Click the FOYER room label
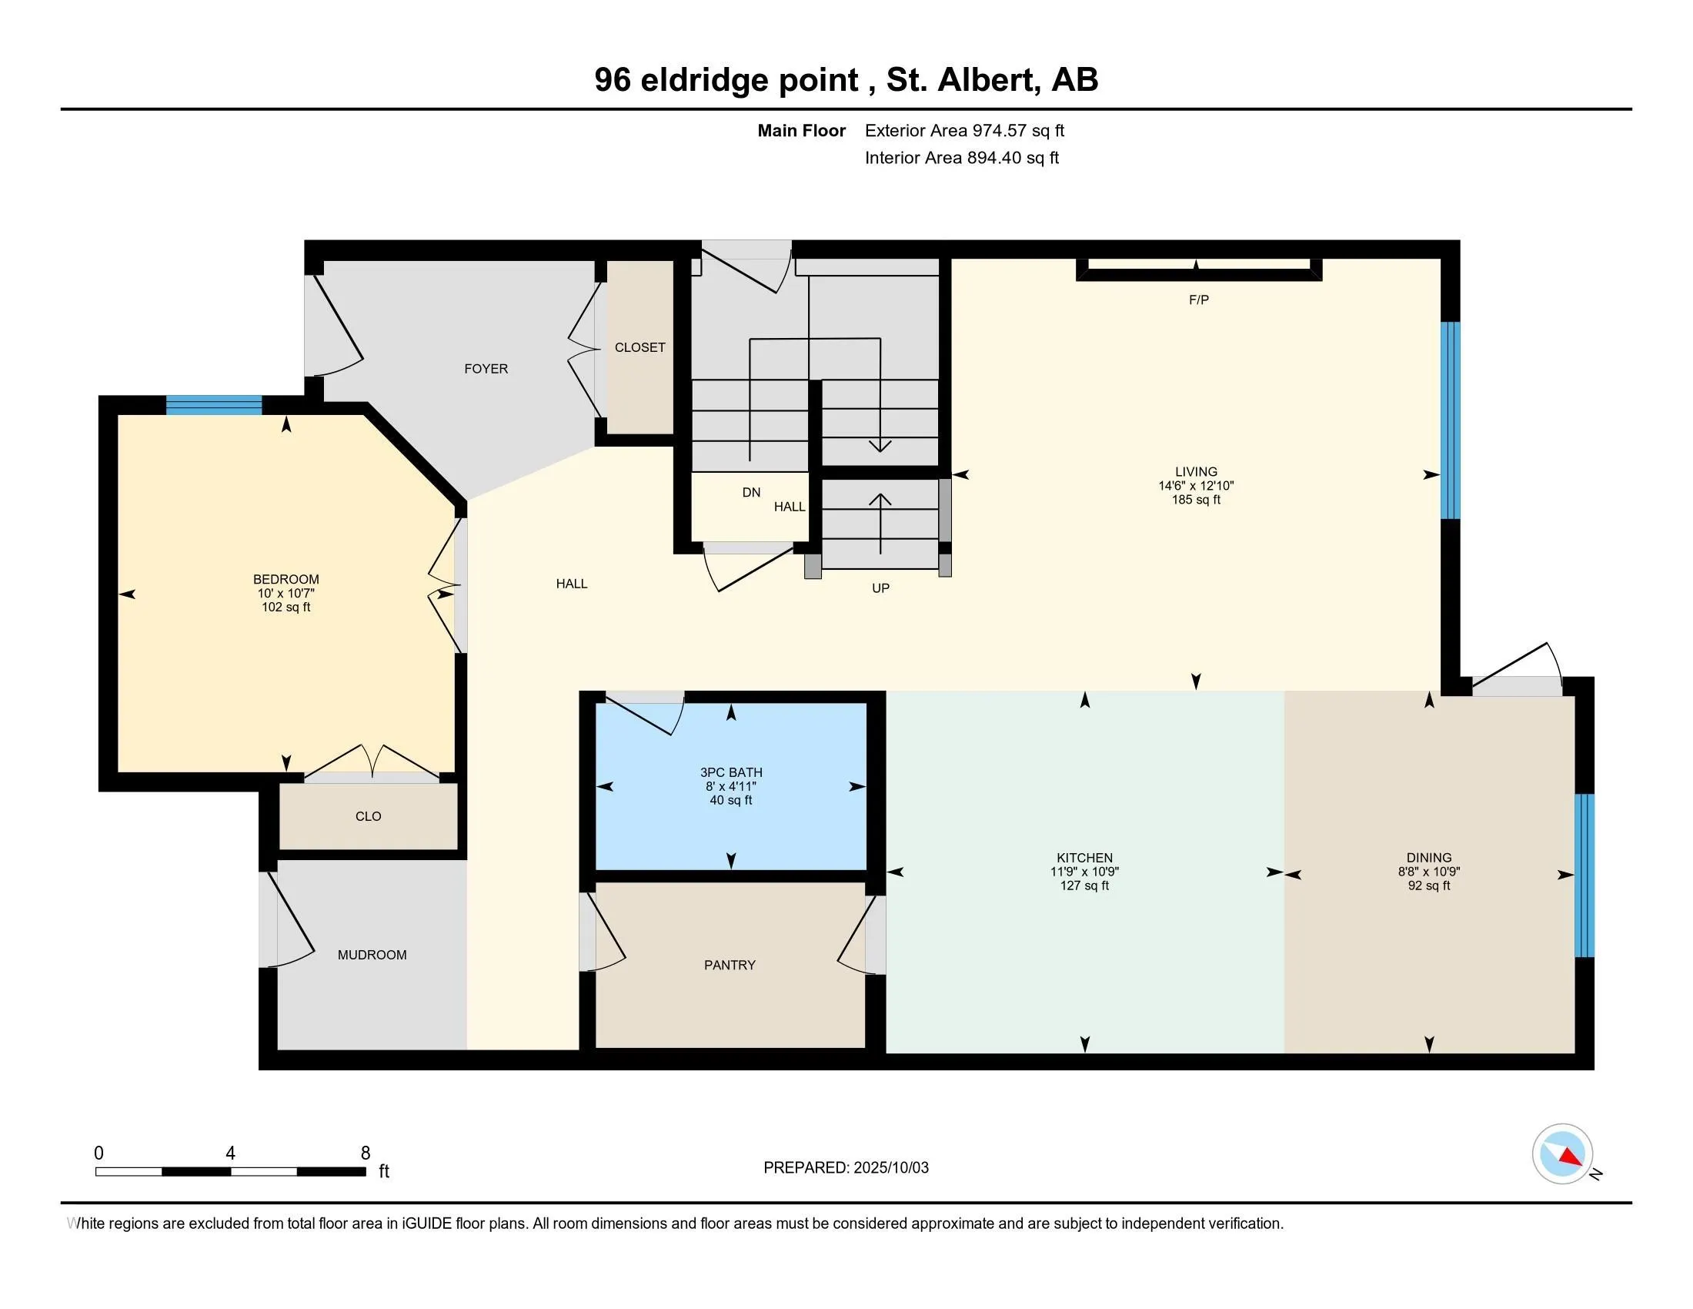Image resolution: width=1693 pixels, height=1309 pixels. point(486,369)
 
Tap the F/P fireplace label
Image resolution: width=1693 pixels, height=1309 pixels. point(1198,300)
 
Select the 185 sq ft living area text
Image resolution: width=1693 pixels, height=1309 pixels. point(1195,500)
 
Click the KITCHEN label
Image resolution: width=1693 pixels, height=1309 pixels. point(1084,858)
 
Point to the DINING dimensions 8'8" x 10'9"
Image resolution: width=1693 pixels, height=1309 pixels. point(1429,872)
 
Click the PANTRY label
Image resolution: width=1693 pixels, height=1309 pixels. point(730,966)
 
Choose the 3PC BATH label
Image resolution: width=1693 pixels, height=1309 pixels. point(731,772)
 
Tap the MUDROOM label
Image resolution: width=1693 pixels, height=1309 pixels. point(372,956)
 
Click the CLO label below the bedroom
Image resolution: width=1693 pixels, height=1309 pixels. point(368,816)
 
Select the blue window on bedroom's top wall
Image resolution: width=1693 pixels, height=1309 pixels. point(214,405)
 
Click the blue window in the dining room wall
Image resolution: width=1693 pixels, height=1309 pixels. point(1584,875)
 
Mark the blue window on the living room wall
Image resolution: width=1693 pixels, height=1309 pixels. point(1451,420)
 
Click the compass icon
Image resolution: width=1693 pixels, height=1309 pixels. point(1562,1154)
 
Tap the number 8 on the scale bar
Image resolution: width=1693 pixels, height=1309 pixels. point(365,1153)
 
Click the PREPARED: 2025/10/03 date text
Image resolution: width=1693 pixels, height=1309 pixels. point(846,1168)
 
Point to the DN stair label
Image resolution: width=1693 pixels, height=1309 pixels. point(751,493)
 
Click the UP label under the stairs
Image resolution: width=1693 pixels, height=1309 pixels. point(880,588)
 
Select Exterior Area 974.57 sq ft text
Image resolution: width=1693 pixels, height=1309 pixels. point(964,131)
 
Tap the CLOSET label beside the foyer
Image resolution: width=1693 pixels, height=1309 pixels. point(639,347)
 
